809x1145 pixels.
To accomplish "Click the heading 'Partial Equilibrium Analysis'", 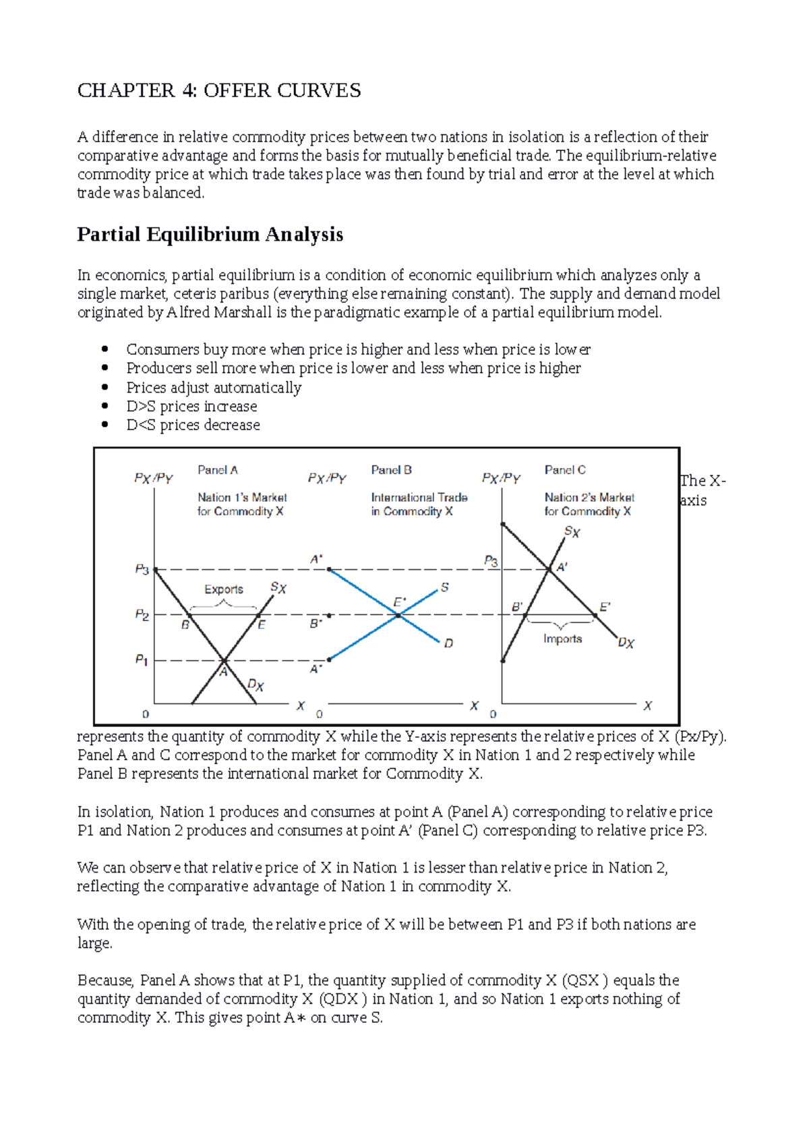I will pyautogui.click(x=210, y=235).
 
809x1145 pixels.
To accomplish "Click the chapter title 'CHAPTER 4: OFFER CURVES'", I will pyautogui.click(x=219, y=90).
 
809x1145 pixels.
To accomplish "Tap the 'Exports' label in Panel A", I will pyautogui.click(x=223, y=589).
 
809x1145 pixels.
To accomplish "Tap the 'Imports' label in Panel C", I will pyautogui.click(x=562, y=639).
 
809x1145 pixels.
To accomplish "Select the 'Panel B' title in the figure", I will pyautogui.click(x=391, y=470).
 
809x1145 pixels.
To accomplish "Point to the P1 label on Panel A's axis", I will pyautogui.click(x=142, y=659).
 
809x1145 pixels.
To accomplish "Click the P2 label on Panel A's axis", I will pyautogui.click(x=142, y=614).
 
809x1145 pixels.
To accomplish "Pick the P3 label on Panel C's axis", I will pyautogui.click(x=491, y=561).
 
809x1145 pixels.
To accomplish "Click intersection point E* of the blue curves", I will pyautogui.click(x=398, y=615).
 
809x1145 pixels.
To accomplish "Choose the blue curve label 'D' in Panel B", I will pyautogui.click(x=448, y=643).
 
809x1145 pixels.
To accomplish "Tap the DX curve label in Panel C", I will pyautogui.click(x=626, y=643).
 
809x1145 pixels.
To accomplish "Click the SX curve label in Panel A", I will pyautogui.click(x=278, y=588).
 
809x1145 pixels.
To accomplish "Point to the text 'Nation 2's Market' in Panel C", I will pyautogui.click(x=589, y=498).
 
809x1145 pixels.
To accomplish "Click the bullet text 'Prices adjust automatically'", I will pyautogui.click(x=214, y=388).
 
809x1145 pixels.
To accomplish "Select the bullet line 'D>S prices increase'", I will pyautogui.click(x=191, y=407).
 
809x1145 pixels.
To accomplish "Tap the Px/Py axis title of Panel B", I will pyautogui.click(x=327, y=478).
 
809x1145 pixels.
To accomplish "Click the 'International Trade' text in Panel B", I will pyautogui.click(x=419, y=498).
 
